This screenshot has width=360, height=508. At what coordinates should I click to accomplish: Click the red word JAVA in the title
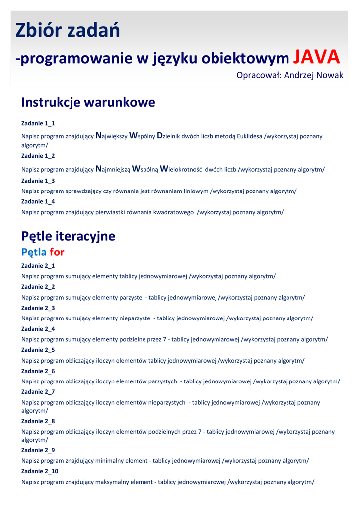coord(316,58)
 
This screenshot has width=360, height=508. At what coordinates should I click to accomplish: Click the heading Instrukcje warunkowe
coord(88,102)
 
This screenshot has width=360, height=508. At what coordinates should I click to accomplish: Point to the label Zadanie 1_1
coord(38,123)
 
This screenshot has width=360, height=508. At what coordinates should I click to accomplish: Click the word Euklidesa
coord(249,136)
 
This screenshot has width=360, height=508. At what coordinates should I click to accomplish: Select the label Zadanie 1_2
coord(38,156)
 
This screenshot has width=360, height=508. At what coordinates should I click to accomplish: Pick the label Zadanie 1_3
coord(38,181)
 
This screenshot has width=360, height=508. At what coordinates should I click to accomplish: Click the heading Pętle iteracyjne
coord(68,236)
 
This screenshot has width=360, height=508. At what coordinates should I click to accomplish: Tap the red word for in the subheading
coord(57,252)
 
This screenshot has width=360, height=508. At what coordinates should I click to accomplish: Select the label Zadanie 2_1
coord(38,266)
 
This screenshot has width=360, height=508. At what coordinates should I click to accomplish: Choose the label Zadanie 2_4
coord(38,329)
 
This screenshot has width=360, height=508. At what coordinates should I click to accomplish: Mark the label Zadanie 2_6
coord(38,371)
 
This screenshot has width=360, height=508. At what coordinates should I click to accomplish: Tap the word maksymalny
coord(111,482)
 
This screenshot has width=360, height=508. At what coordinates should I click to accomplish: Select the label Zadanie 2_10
coord(40,471)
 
